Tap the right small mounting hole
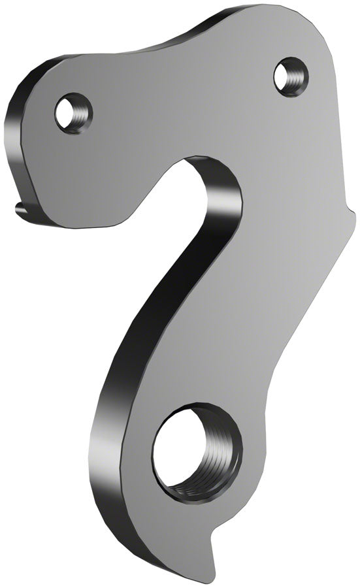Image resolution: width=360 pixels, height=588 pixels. pos(288,74)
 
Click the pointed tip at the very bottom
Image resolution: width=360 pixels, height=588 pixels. pos(223,582)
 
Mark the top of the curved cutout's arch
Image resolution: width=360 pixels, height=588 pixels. pos(196,158)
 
